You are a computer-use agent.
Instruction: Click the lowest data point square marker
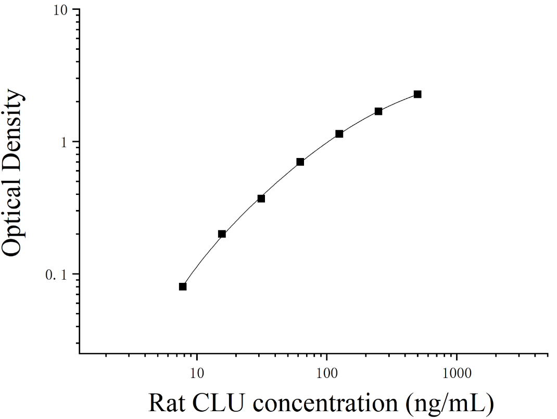(183, 286)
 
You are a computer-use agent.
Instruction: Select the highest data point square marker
(417, 94)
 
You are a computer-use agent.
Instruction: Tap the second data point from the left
(222, 234)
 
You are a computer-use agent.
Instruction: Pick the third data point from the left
(261, 199)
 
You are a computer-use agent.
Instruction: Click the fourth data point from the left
(300, 162)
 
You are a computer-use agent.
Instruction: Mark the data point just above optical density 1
(339, 134)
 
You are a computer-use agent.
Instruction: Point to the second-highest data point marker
(378, 111)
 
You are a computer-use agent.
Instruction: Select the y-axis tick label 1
(64, 142)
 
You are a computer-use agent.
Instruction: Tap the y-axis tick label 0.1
(56, 275)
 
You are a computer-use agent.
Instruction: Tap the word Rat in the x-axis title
(167, 403)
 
